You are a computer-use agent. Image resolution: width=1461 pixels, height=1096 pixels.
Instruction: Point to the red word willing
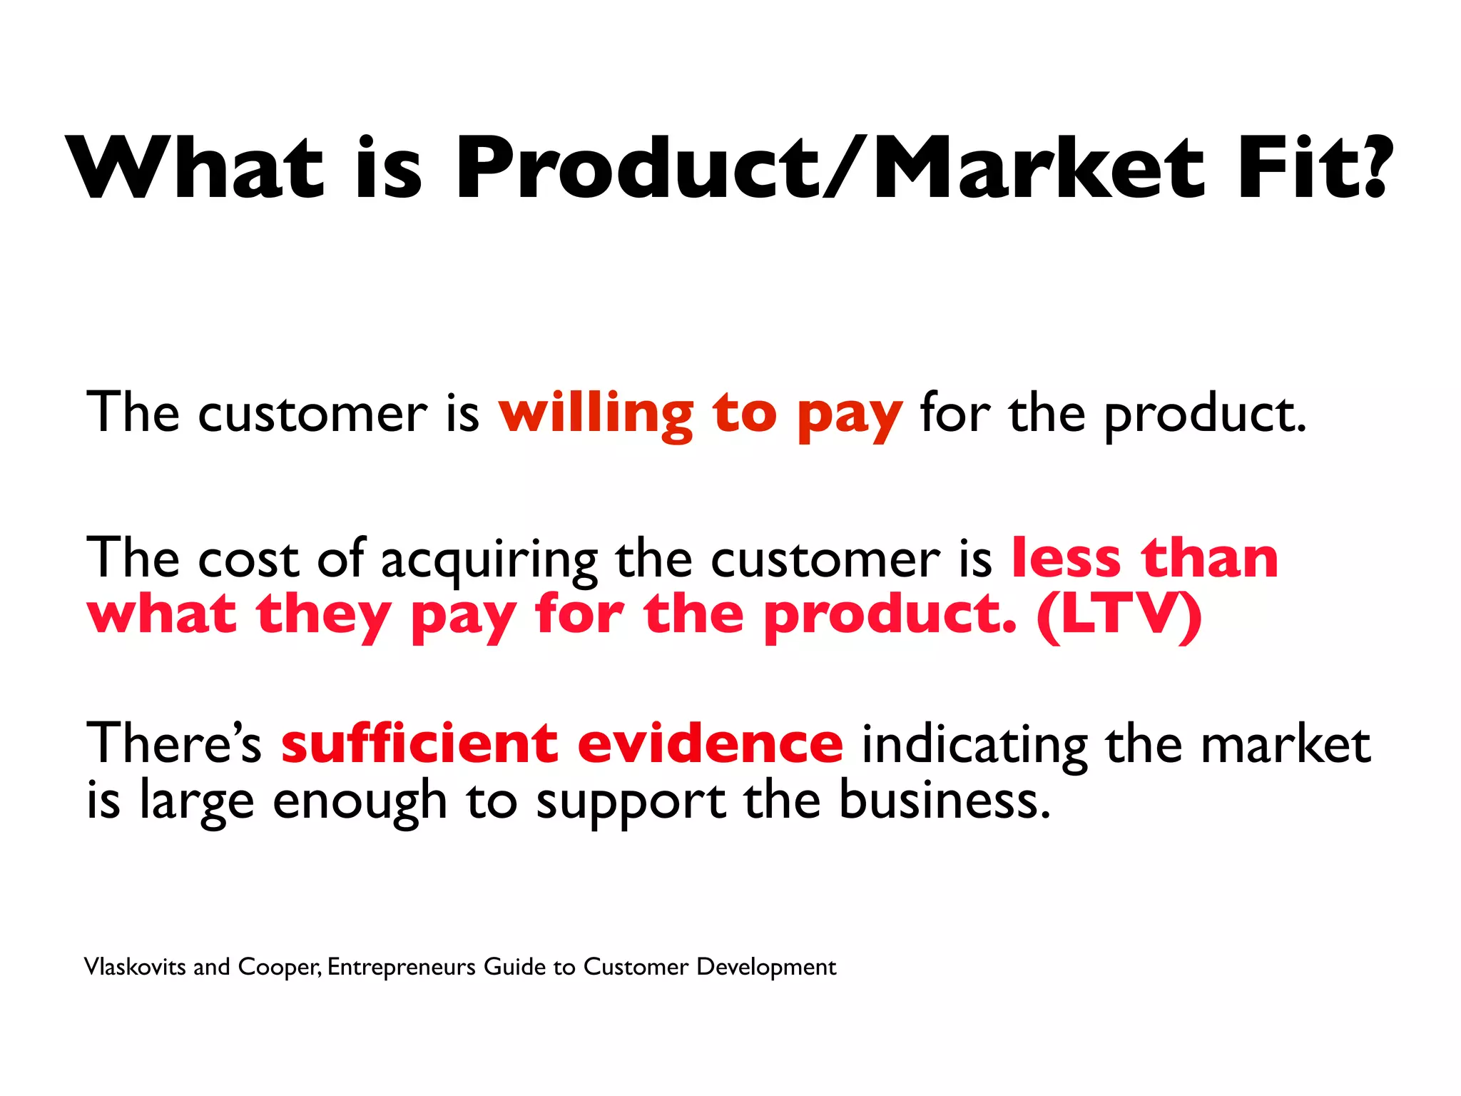pyautogui.click(x=596, y=414)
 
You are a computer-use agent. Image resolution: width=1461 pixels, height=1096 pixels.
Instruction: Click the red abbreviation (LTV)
pyautogui.click(x=1119, y=614)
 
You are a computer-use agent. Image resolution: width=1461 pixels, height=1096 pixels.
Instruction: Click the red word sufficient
pyautogui.click(x=419, y=744)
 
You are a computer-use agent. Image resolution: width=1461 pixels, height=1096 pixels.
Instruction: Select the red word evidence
pyautogui.click(x=711, y=744)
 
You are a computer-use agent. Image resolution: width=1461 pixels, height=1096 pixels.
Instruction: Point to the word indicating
pyautogui.click(x=974, y=746)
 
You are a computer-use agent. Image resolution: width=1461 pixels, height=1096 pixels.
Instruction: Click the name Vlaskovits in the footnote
pyautogui.click(x=135, y=967)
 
